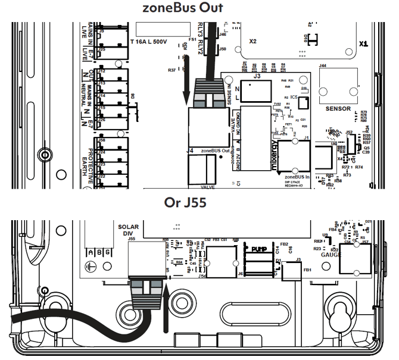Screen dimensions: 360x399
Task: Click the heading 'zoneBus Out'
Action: tap(183, 8)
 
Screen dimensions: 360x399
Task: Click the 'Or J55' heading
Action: tap(185, 202)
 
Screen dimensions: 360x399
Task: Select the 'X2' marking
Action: tap(253, 42)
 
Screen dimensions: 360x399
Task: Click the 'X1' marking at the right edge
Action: tap(364, 43)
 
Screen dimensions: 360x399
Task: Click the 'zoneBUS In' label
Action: tap(299, 177)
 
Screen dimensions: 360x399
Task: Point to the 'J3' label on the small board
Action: tap(257, 76)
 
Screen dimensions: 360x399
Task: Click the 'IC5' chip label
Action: tap(294, 97)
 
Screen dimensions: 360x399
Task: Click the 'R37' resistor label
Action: tap(172, 70)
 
